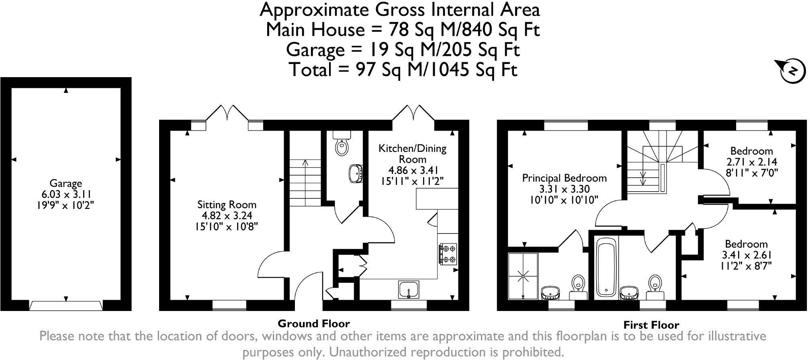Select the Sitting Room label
point(227,205)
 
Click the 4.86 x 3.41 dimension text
point(412,170)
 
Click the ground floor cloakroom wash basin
point(356,173)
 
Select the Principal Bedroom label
point(564,178)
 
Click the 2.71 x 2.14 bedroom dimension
point(751,162)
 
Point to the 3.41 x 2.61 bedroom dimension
point(746,255)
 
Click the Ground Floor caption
point(314,323)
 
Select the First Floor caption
point(651,325)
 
